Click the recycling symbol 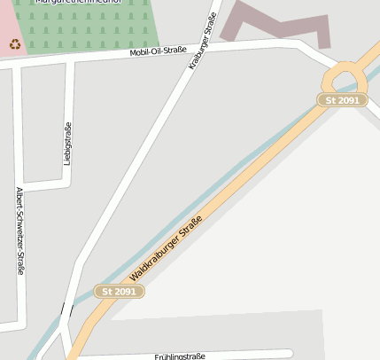tap(14, 43)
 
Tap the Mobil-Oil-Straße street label tap(158, 51)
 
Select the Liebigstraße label tap(67, 143)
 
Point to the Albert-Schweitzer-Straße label tap(19, 231)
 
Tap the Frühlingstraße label tap(180, 356)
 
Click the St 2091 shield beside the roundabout tap(342, 100)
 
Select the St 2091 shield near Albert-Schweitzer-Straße tap(119, 291)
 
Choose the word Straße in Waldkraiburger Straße tap(190, 228)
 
